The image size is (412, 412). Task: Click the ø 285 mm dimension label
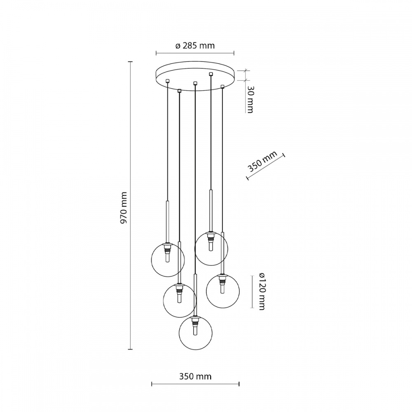(x=195, y=46)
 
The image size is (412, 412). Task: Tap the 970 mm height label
(x=123, y=208)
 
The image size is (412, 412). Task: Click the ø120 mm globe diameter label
(x=261, y=291)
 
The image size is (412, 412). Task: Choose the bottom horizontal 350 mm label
(x=195, y=376)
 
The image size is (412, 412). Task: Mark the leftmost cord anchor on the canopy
(x=167, y=81)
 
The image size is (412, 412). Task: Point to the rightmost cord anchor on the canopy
(x=222, y=87)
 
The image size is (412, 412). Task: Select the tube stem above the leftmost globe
(x=168, y=220)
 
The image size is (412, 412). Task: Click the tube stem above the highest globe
(x=211, y=210)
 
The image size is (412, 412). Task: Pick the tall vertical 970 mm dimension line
(x=131, y=206)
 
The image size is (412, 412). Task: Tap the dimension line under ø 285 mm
(x=195, y=53)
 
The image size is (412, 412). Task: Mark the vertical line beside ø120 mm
(x=252, y=291)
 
